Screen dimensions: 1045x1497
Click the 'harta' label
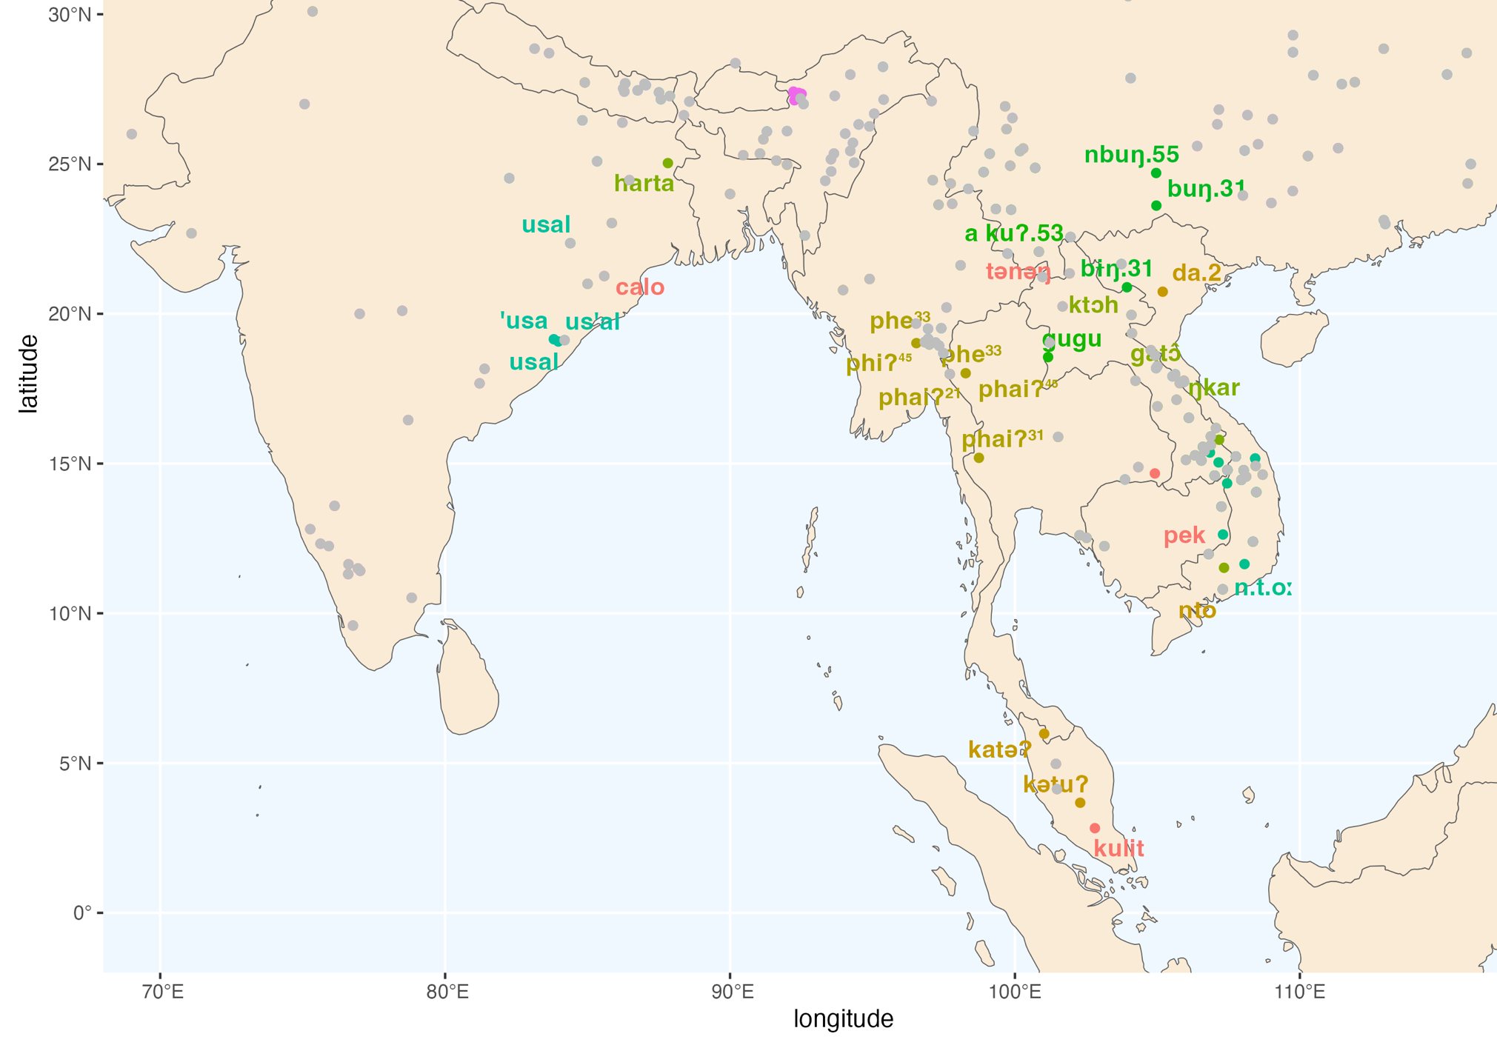[x=644, y=183]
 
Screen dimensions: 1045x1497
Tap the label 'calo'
[x=640, y=287]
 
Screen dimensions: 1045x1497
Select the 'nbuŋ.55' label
[x=1131, y=155]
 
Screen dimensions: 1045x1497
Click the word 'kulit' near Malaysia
[x=1118, y=848]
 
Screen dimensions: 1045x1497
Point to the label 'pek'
[x=1184, y=535]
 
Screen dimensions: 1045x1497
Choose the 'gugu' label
[x=1072, y=339]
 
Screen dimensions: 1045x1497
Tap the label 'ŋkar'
[x=1213, y=387]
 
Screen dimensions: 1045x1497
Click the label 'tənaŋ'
[x=1018, y=272]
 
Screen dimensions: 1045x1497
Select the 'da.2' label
[x=1196, y=273]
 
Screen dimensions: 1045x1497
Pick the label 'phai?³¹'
[x=1002, y=439]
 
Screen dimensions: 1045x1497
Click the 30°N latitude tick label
[x=70, y=14]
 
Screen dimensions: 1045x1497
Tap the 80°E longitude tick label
[x=447, y=991]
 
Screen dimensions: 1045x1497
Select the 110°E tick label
[x=1300, y=991]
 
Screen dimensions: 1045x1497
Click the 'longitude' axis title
[x=843, y=1019]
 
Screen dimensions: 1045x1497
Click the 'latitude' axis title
[x=28, y=373]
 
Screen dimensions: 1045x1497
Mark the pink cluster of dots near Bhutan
[x=797, y=95]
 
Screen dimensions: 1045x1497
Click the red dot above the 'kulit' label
[x=1095, y=828]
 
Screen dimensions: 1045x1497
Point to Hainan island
[x=1293, y=337]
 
